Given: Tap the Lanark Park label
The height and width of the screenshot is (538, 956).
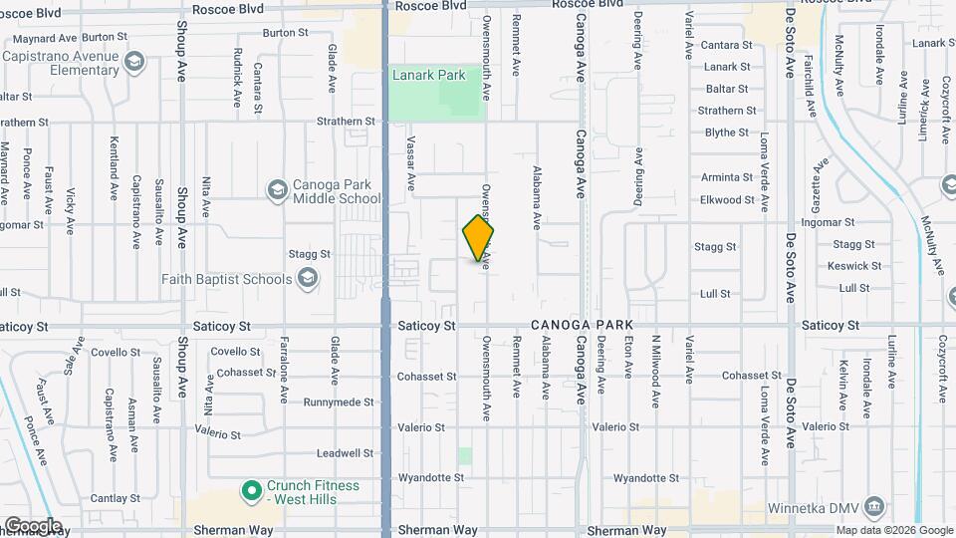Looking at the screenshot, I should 428,75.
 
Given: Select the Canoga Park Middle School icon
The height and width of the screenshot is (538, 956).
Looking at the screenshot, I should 277,189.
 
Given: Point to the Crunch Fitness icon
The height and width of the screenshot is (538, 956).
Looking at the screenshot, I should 253,490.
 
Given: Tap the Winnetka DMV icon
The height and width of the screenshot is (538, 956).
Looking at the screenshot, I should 873,506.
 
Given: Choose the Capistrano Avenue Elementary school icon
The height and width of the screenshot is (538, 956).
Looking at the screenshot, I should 134,64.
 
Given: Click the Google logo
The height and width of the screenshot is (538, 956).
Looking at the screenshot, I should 32,525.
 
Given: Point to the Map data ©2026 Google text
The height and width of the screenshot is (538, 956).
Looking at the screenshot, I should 892,530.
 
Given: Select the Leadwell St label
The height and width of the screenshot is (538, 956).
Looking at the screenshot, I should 345,453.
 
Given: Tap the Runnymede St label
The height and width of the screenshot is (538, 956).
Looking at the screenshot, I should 339,403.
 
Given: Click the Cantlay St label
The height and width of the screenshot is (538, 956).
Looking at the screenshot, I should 116,497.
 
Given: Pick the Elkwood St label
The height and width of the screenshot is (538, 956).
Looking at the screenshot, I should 727,199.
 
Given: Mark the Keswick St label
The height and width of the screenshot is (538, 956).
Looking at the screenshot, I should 852,266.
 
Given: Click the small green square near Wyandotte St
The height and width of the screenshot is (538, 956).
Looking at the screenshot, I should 465,455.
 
